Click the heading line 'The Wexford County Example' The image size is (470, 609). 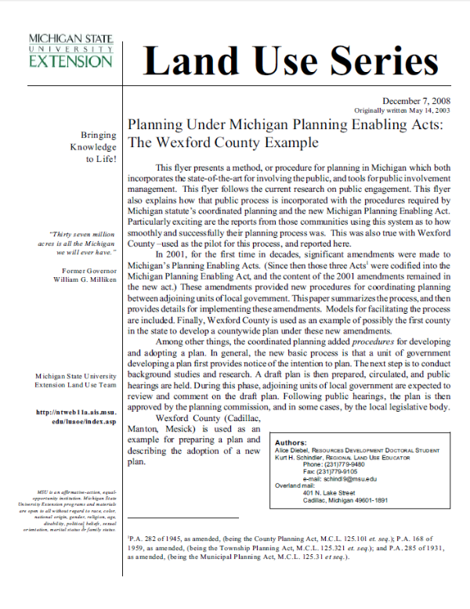click(x=223, y=143)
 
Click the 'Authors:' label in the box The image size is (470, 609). click(x=291, y=442)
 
